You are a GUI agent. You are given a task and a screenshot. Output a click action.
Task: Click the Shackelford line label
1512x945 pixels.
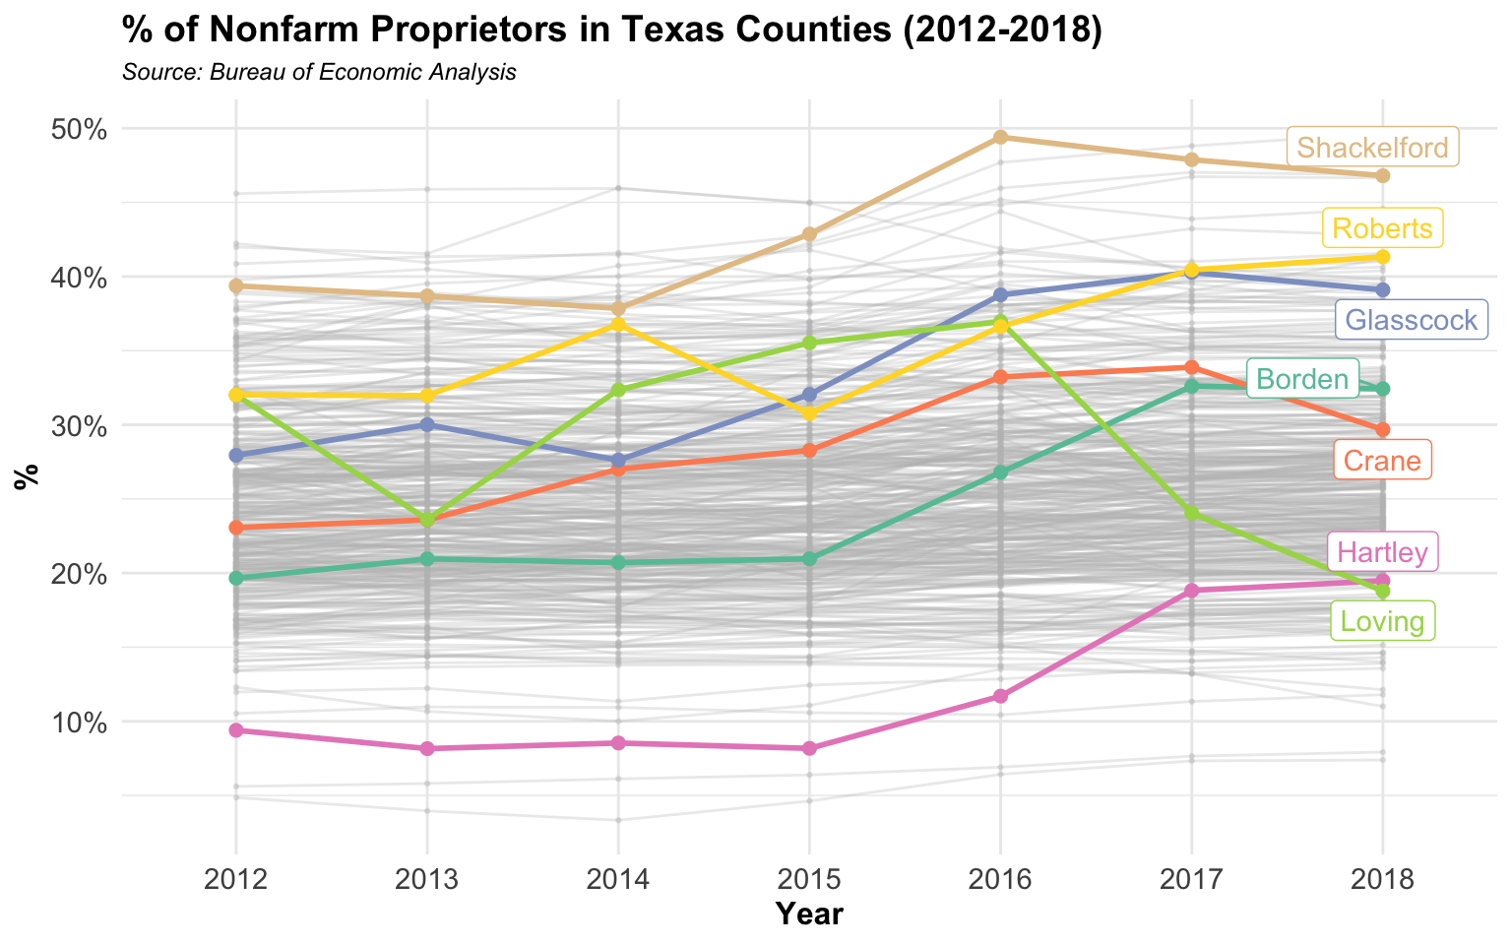tap(1372, 148)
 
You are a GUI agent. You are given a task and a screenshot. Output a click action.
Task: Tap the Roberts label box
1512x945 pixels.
tap(1382, 228)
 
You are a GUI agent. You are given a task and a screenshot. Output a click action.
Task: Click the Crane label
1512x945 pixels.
tap(1382, 461)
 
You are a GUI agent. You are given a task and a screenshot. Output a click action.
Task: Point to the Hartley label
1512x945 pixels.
tap(1382, 552)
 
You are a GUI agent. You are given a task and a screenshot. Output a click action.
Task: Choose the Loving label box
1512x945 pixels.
tap(1382, 621)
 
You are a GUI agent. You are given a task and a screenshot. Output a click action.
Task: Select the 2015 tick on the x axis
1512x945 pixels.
tap(809, 878)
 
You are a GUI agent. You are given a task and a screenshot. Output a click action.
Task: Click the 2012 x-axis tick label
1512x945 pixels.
tap(235, 878)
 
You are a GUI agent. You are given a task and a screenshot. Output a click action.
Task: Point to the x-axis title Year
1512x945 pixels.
tap(809, 914)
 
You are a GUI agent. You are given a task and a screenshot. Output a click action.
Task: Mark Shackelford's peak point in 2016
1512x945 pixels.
tap(1000, 137)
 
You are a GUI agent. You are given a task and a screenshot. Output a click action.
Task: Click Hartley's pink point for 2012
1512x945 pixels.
tap(235, 730)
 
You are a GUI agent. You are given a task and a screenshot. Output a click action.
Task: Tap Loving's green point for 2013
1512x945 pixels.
tap(427, 520)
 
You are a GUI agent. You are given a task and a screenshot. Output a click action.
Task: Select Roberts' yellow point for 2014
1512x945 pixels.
tap(618, 324)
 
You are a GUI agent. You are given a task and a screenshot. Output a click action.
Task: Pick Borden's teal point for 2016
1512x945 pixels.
tap(1000, 472)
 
